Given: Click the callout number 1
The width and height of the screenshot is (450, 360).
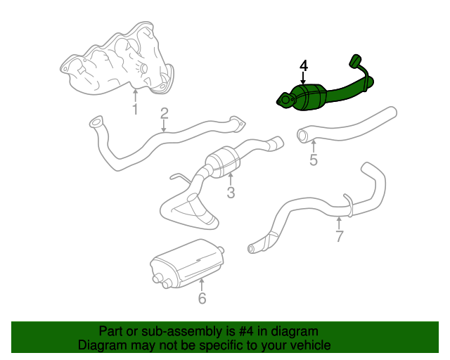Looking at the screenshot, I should (134, 109).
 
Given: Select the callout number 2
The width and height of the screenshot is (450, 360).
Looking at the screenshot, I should (164, 112).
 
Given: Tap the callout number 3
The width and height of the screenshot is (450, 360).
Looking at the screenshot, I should (230, 192).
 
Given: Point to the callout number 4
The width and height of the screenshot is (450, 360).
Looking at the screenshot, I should (303, 65).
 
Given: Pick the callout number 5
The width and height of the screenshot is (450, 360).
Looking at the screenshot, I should (313, 160).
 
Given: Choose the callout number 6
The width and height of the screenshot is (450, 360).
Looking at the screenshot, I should (202, 299).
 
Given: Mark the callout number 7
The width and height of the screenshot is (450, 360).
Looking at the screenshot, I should (339, 236).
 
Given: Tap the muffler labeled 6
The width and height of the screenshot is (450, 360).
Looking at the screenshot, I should (186, 264).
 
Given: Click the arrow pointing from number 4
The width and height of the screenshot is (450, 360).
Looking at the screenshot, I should (303, 79).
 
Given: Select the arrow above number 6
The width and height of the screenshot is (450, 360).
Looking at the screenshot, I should (202, 284).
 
